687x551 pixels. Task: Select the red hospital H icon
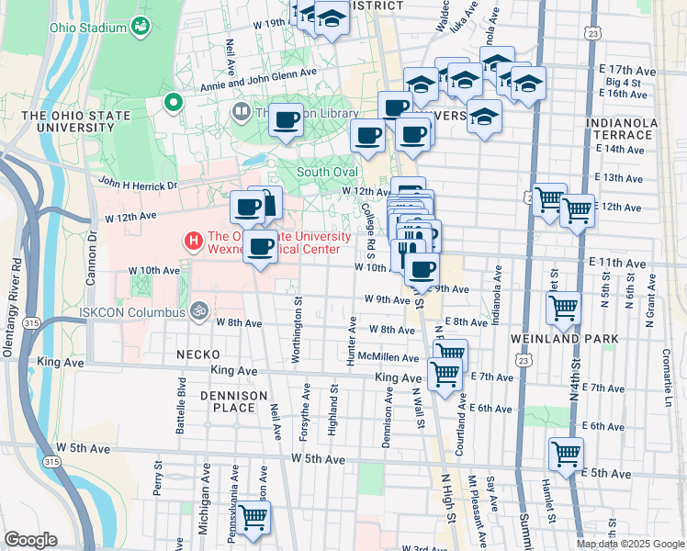[193, 242]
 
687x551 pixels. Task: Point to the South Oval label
[326, 172]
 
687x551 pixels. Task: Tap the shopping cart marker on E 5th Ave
[566, 452]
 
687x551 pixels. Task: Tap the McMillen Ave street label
[389, 356]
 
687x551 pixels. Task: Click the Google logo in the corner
[30, 540]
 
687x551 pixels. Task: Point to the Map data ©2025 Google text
[629, 544]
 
